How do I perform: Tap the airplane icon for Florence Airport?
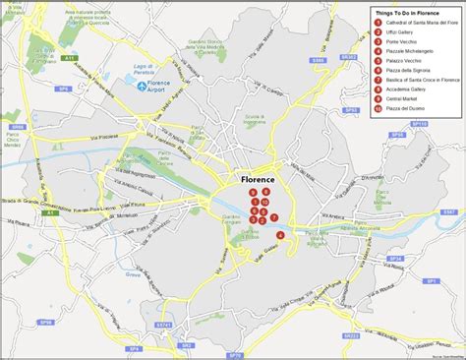[145, 87]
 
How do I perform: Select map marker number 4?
[281, 235]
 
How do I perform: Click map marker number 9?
[254, 193]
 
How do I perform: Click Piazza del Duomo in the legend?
[403, 108]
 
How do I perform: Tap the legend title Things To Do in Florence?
[413, 11]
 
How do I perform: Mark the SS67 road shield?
[449, 211]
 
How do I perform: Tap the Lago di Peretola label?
[147, 68]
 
